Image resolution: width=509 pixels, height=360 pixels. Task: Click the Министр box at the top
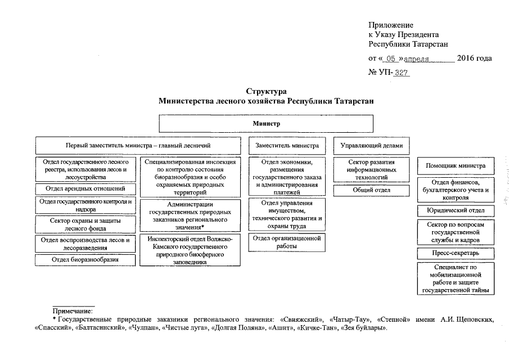[266, 124]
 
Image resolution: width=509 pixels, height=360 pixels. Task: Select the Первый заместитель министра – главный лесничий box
[138, 146]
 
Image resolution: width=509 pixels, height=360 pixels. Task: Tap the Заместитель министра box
[287, 146]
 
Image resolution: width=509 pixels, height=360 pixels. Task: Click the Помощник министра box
[456, 166]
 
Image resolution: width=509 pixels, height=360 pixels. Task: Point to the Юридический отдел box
[456, 211]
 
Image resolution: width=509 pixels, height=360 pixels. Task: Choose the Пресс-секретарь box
[456, 253]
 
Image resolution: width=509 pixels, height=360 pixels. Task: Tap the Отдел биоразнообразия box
[85, 260]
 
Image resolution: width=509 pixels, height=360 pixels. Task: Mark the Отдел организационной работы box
[286, 242]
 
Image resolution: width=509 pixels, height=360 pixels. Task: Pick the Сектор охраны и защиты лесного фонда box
[85, 224]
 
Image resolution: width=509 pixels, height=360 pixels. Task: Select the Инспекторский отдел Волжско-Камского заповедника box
[190, 250]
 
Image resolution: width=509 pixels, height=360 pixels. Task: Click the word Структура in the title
[266, 91]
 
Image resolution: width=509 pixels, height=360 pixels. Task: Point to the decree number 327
[402, 73]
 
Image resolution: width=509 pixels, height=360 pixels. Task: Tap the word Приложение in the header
[391, 25]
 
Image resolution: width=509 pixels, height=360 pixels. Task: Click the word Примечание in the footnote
[73, 310]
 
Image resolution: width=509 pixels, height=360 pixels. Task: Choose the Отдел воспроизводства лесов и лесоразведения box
[85, 243]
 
